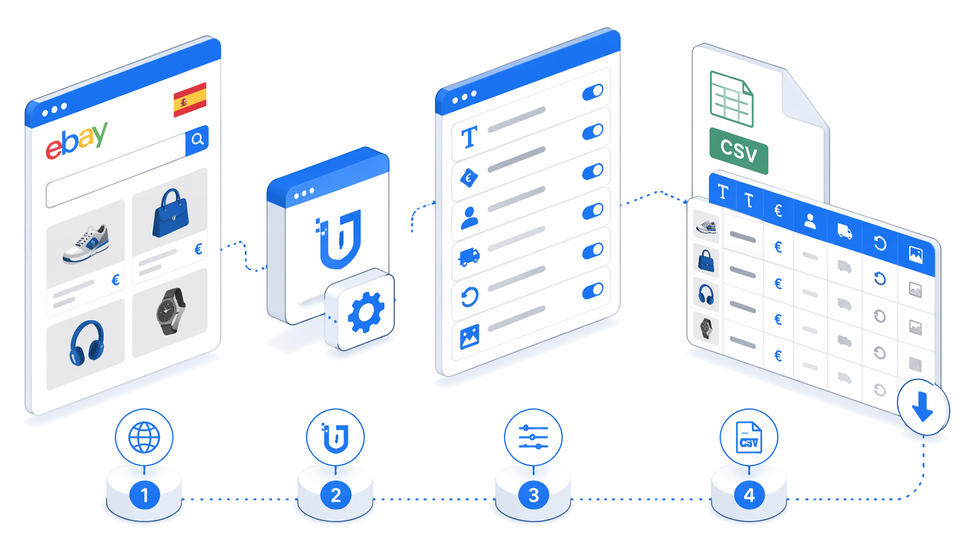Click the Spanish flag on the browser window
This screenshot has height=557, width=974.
pyautogui.click(x=190, y=100)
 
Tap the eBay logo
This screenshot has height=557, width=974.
pyautogui.click(x=77, y=141)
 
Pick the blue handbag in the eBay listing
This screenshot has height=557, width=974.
pyautogui.click(x=171, y=213)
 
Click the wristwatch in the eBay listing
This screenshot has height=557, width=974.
pyautogui.click(x=171, y=311)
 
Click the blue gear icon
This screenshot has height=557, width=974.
pyautogui.click(x=366, y=312)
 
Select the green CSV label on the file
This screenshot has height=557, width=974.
pyautogui.click(x=739, y=151)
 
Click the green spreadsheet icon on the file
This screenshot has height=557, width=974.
pyautogui.click(x=732, y=99)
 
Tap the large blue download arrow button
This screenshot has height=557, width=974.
pyautogui.click(x=923, y=407)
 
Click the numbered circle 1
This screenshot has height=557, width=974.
pyautogui.click(x=145, y=495)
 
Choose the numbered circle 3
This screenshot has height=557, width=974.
pyautogui.click(x=534, y=495)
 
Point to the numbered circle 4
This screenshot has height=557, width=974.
pyautogui.click(x=749, y=495)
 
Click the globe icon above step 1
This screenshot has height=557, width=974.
pyautogui.click(x=144, y=437)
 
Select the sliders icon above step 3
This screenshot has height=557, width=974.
pyautogui.click(x=533, y=437)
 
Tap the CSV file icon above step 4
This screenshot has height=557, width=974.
pyautogui.click(x=749, y=437)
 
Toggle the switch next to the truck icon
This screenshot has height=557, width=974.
pyautogui.click(x=593, y=251)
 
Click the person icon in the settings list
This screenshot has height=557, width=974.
pyautogui.click(x=470, y=218)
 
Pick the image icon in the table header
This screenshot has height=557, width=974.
pyautogui.click(x=916, y=254)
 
